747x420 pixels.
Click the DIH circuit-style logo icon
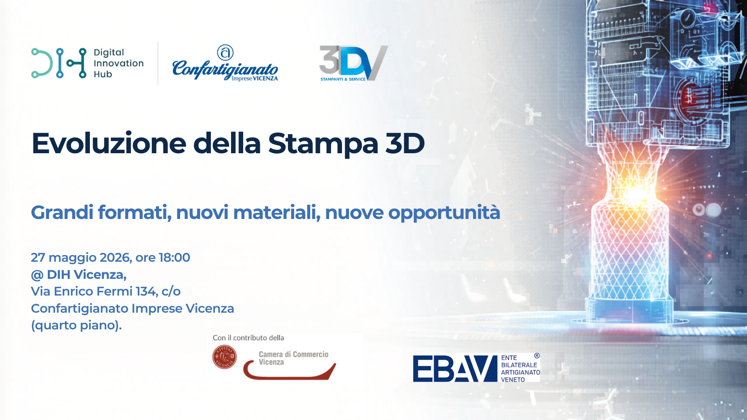(59, 63)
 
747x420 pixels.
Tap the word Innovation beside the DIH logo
(119, 63)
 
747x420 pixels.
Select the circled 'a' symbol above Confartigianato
(225, 52)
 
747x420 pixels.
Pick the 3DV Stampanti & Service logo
(354, 63)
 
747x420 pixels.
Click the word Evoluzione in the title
(109, 143)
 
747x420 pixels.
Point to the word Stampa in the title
(323, 144)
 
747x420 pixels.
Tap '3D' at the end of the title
(405, 143)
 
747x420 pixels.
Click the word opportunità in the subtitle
(444, 213)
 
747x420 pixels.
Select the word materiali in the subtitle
(277, 213)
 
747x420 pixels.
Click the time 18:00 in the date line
(174, 257)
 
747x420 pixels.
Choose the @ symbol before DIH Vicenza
(37, 275)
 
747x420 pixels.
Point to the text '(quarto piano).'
(77, 325)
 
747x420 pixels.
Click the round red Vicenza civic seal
(224, 357)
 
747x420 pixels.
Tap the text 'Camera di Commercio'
(294, 354)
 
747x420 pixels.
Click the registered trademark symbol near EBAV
(537, 356)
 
